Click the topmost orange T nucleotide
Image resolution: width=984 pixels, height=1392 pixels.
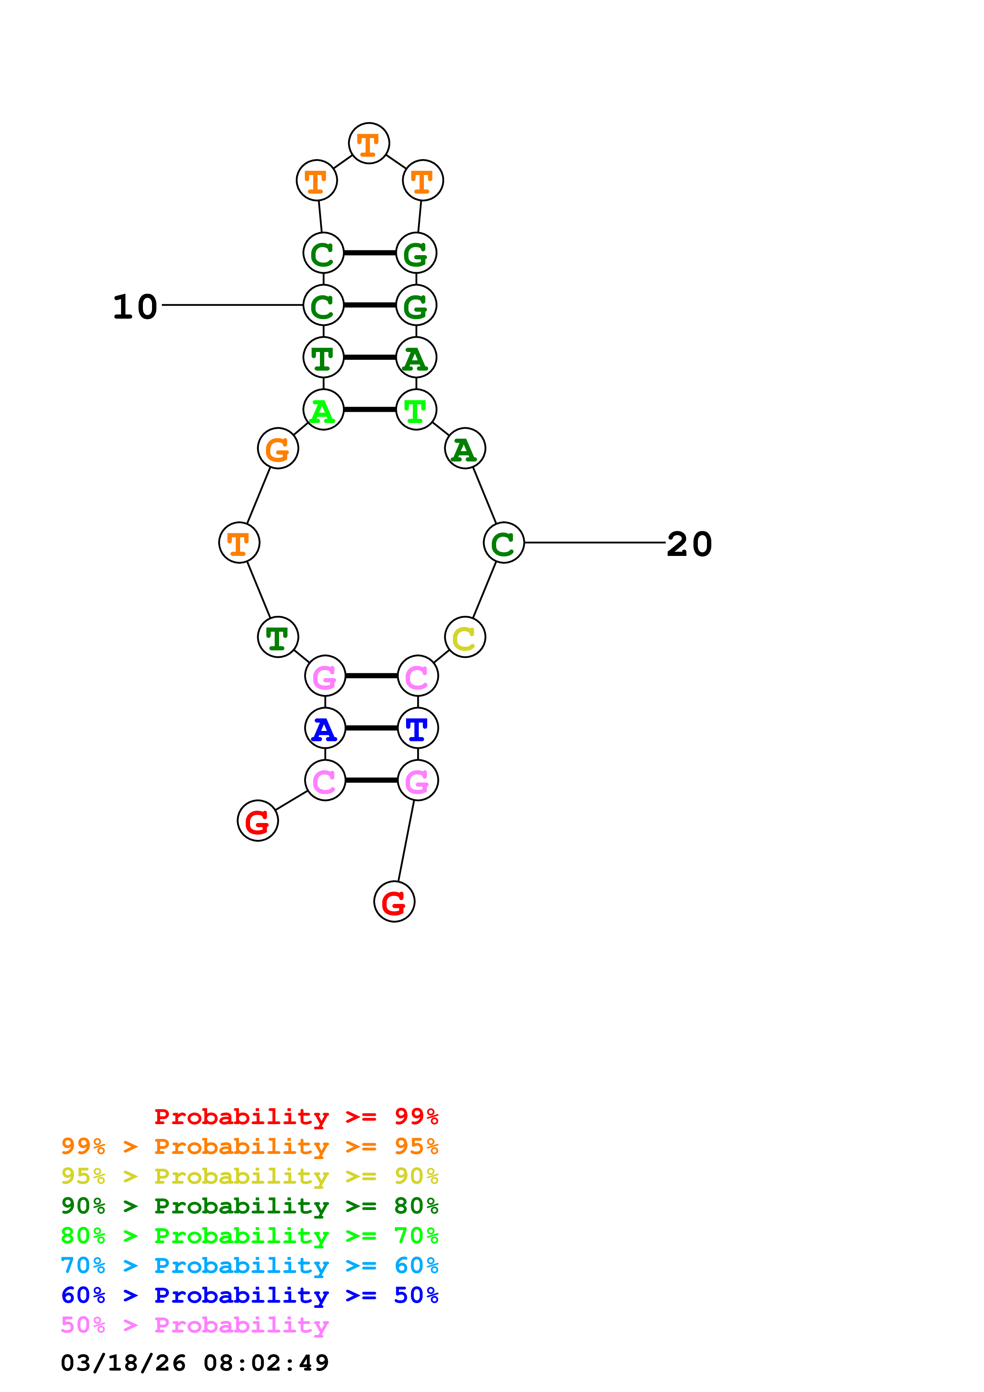[x=369, y=144]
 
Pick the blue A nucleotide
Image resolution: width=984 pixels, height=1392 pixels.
[x=325, y=728]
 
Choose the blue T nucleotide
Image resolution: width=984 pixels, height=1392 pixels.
[x=418, y=728]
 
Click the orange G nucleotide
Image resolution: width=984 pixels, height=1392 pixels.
[x=278, y=449]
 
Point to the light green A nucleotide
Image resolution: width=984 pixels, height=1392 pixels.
[x=323, y=410]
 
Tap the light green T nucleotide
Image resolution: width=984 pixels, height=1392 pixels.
[x=416, y=410]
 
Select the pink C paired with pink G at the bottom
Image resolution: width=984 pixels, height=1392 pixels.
[x=325, y=780]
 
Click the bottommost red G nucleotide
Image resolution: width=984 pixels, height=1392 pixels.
[x=394, y=902]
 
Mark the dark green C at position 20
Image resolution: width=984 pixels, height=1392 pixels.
[x=503, y=542]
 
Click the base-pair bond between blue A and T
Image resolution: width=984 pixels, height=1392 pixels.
[x=371, y=728]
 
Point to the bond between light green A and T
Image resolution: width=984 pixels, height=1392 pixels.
[x=370, y=410]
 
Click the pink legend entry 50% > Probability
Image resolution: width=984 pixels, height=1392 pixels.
[x=194, y=1325]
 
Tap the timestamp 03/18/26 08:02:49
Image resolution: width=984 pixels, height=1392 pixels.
[x=194, y=1363]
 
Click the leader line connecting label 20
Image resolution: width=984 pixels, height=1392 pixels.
[x=594, y=542]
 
